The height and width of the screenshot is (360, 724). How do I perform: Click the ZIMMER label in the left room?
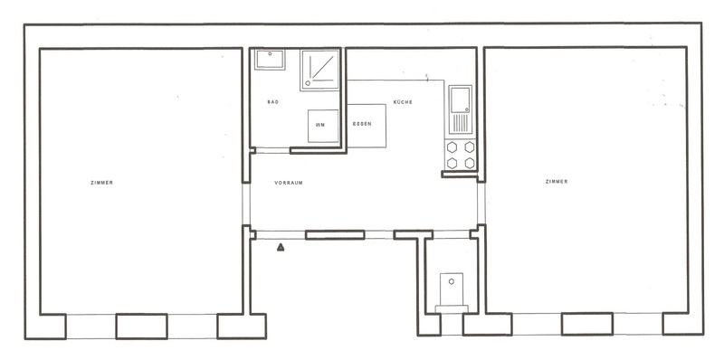coord(101,183)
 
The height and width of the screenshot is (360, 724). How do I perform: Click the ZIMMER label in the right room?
coord(557,182)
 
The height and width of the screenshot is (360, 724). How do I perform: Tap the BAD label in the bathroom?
coord(272,102)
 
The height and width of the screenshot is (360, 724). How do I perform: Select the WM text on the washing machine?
coord(320,125)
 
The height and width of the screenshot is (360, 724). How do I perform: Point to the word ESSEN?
coord(362,124)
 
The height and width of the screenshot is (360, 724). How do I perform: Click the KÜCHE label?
coord(403,102)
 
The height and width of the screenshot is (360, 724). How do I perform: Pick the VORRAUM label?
coord(289,183)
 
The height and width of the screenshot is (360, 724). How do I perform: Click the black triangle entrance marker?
coord(281,248)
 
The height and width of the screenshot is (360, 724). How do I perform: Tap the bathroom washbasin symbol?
coord(270,60)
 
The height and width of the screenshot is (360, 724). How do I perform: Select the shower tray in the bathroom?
coord(319,71)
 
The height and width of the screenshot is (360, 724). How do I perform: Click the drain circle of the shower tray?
coord(308,83)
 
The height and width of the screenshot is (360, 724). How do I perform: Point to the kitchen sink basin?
coord(460,99)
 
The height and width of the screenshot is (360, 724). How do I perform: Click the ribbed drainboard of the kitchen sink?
coord(461,123)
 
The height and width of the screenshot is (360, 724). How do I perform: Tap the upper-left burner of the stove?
coord(452,147)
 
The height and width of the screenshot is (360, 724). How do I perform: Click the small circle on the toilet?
coord(452,281)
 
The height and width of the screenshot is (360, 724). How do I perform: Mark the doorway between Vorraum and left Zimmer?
coord(246,204)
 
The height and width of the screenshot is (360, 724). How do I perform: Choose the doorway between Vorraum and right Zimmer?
coord(481,204)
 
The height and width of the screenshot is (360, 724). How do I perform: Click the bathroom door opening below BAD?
coord(272,150)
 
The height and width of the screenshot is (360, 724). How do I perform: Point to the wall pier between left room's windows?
coord(141,327)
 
